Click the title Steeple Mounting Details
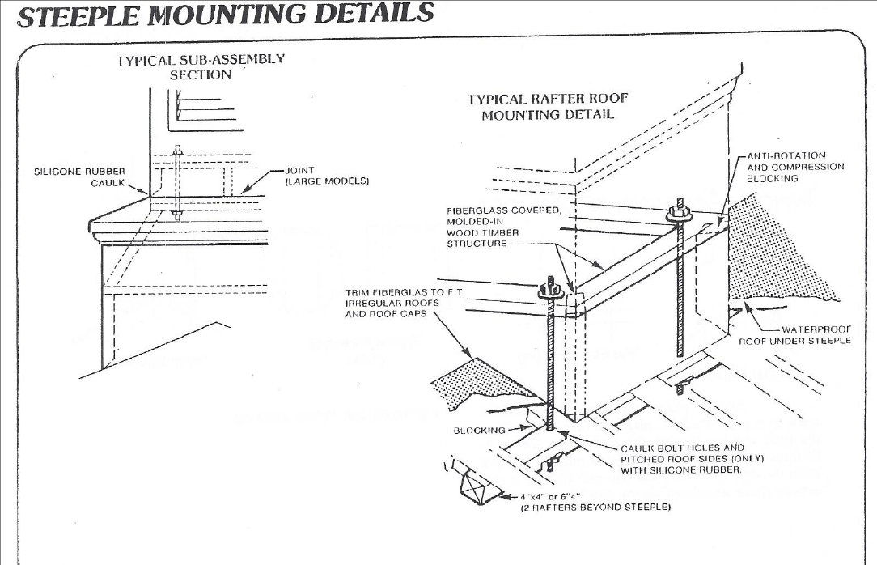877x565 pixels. coord(225,14)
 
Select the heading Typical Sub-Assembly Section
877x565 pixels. coord(201,66)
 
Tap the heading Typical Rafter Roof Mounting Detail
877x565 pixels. coord(548,107)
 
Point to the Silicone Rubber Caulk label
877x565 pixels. coord(79,176)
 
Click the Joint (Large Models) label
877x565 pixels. coord(327,176)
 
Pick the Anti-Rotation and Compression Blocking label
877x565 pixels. coord(795,167)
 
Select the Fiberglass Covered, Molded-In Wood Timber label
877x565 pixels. coord(503,227)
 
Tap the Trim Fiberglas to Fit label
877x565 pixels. coord(404,303)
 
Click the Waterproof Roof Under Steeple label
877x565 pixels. coord(795,335)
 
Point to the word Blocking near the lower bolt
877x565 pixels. coord(479,430)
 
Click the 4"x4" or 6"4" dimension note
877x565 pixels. coord(595,502)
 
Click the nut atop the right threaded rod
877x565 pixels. coord(680,213)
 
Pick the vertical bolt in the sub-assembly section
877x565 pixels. coord(177,183)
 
